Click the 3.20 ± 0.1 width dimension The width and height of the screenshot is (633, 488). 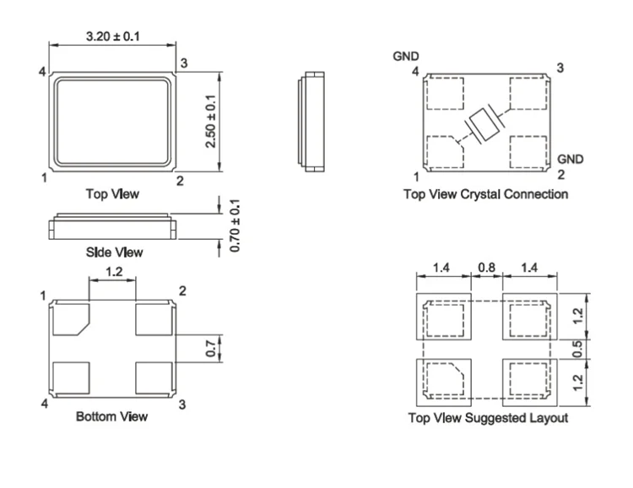112,36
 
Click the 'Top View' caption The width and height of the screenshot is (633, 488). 112,194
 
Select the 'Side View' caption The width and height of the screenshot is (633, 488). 115,252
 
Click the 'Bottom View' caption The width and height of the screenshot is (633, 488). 111,416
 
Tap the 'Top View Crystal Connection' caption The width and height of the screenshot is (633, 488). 485,194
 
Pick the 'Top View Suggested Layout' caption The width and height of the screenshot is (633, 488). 488,417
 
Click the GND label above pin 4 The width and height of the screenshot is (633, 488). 406,57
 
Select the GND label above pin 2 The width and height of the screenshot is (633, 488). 571,159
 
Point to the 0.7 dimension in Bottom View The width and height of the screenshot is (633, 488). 213,346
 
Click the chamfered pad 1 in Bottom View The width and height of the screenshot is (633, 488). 69,319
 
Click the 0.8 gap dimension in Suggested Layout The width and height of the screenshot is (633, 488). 488,268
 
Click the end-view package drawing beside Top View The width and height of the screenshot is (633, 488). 310,122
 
